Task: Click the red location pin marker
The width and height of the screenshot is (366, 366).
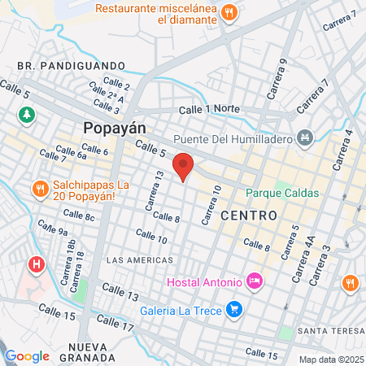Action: tap(184, 166)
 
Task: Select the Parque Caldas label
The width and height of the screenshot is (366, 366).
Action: tap(282, 194)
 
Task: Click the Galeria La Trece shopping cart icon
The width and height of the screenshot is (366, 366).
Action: tap(235, 308)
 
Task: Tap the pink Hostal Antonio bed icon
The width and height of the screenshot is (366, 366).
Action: tap(255, 281)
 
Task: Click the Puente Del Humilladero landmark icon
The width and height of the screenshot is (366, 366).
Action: tap(305, 137)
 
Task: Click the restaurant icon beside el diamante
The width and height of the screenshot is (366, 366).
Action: tap(229, 12)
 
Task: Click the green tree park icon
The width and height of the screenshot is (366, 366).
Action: tap(28, 115)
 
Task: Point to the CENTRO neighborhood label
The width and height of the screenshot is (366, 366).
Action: tap(249, 215)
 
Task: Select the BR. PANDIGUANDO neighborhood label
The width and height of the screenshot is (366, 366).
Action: tap(71, 65)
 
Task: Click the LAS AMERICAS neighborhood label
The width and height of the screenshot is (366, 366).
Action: tap(140, 259)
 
